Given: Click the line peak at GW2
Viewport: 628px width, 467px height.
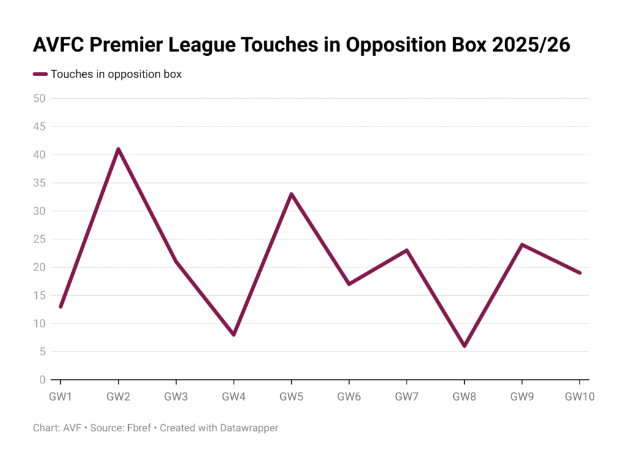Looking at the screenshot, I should [118, 149].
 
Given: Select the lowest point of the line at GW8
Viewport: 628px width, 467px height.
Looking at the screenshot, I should [464, 346].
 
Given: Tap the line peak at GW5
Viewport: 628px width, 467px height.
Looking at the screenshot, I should [291, 194].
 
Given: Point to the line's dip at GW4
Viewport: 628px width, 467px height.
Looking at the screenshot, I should [234, 334].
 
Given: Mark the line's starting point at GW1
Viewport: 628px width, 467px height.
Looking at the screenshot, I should [61, 306].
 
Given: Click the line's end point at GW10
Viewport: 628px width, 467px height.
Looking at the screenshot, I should [580, 273].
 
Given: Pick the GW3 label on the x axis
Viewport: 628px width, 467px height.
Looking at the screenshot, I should [176, 396].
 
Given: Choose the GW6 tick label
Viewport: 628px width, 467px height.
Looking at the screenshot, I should [349, 396].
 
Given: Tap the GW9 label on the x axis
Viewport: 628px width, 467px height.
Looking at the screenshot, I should [522, 396].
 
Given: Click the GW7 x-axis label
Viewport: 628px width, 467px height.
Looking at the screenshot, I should [407, 396].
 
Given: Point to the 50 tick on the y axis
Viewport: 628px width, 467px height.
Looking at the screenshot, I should [39, 98].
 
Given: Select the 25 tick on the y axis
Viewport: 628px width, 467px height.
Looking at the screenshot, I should [39, 239].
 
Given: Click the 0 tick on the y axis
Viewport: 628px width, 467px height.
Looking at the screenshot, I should [42, 380].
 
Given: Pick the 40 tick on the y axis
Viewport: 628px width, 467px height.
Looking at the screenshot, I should [39, 155].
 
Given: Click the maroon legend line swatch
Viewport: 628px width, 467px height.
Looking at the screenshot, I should [40, 74].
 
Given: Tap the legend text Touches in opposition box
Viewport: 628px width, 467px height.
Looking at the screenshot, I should [116, 74].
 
